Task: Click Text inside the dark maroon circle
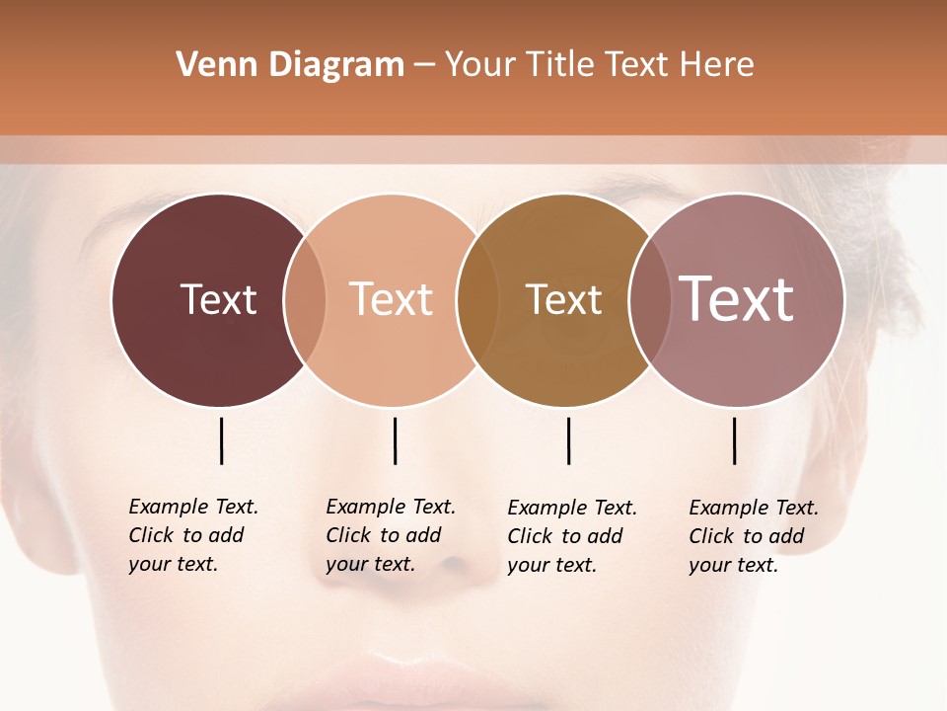[x=218, y=299]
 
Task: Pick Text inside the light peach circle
[x=392, y=299]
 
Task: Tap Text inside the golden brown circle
[x=563, y=299]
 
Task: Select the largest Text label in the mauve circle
[x=737, y=299]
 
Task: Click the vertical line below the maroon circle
[x=222, y=440]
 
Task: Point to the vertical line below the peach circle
[x=395, y=440]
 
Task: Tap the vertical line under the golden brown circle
[x=568, y=440]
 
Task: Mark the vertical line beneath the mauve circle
[x=734, y=440]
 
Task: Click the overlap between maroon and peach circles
[x=305, y=299]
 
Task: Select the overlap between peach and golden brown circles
[x=469, y=299]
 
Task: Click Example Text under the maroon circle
[x=193, y=507]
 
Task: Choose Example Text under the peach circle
[x=391, y=507]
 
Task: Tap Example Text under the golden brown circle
[x=572, y=508]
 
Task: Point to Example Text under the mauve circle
[x=754, y=508]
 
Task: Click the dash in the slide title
[x=424, y=66]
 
